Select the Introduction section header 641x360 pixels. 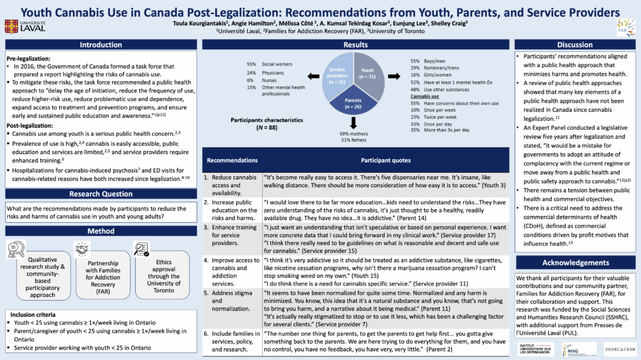100,45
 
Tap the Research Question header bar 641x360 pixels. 100,194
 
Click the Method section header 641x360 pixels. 100,231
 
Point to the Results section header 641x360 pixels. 356,45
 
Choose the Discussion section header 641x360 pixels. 575,45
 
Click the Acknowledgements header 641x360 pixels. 575,263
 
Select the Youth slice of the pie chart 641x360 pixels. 369,78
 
